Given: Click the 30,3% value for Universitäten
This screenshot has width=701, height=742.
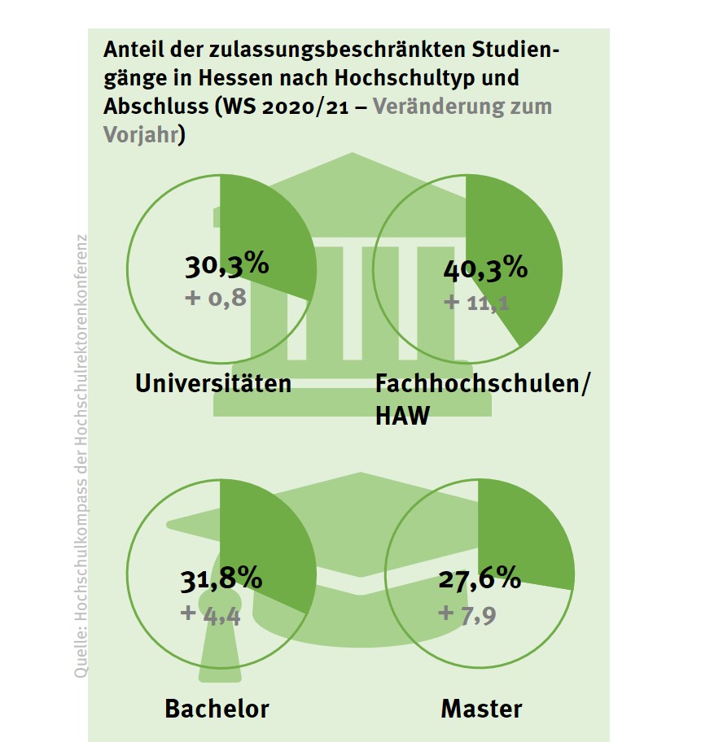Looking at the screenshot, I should pos(226,266).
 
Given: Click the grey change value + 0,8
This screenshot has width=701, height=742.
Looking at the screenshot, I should pos(216,298).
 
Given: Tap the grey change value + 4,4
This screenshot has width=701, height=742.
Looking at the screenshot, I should pos(211,613).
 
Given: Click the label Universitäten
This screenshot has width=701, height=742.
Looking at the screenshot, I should pos(213,382).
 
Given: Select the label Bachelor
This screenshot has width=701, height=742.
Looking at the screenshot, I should pos(217,708).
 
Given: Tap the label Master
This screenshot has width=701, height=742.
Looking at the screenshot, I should pos(481,708).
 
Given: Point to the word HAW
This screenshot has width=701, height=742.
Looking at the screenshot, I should pos(401,417).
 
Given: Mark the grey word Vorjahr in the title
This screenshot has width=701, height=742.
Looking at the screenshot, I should pos(140,134).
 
